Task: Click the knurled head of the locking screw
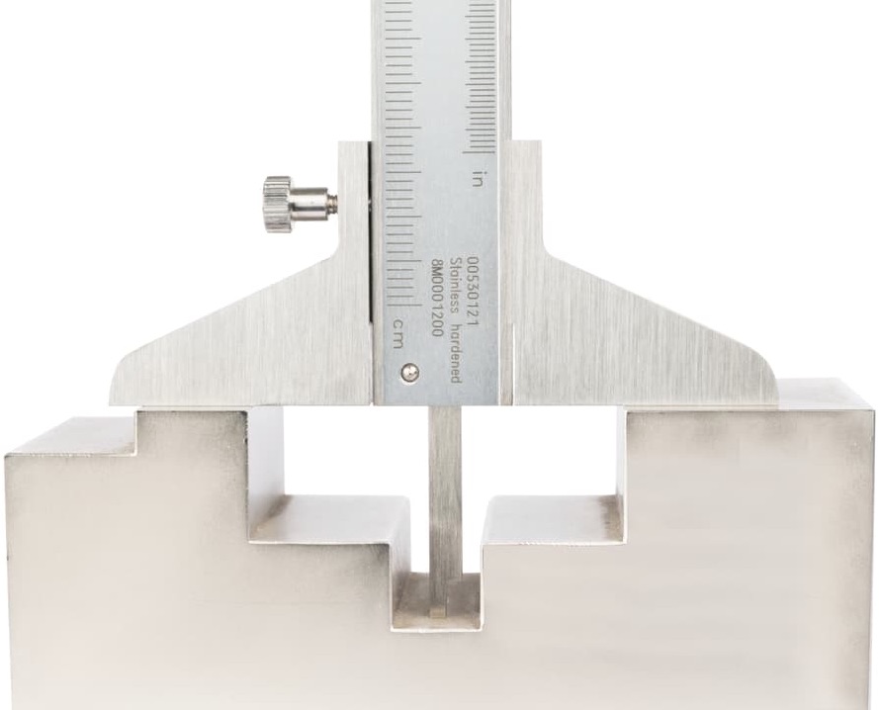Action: pyautogui.click(x=277, y=204)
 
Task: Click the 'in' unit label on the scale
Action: pyautogui.click(x=478, y=178)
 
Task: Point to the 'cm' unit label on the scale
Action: pyautogui.click(x=397, y=332)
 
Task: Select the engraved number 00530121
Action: pyautogui.click(x=474, y=291)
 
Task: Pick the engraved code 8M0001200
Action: pyautogui.click(x=438, y=298)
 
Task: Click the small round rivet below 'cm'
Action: pyautogui.click(x=409, y=372)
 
